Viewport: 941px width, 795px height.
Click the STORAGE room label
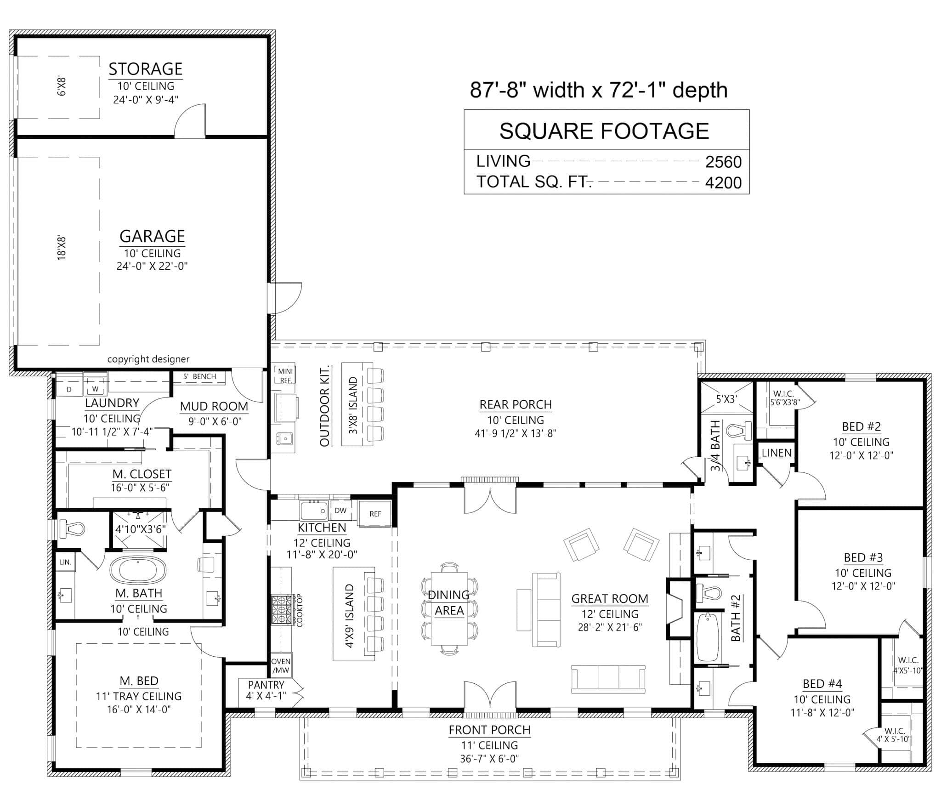pos(145,69)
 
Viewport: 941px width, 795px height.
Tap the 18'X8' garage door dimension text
pos(62,249)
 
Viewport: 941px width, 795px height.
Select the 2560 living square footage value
pos(723,162)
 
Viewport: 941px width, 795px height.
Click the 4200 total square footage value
pos(723,182)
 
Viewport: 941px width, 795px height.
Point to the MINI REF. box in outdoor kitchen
pos(285,375)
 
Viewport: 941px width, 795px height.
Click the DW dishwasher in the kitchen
pos(340,511)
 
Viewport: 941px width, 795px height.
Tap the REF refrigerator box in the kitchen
pos(375,514)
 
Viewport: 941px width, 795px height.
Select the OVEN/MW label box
pos(280,665)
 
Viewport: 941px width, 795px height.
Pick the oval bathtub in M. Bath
pos(137,570)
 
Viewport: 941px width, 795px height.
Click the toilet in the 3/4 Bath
pos(738,431)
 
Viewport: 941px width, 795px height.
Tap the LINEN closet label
pos(777,453)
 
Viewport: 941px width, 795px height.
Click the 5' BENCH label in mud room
pos(199,376)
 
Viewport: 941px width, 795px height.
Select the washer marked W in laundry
pos(95,389)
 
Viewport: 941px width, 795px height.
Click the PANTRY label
pos(266,685)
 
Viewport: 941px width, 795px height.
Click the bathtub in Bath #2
pos(707,637)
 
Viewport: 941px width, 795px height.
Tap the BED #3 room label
pos(863,557)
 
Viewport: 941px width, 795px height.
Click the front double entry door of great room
pos(490,694)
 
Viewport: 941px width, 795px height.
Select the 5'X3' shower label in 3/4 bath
pos(726,399)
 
